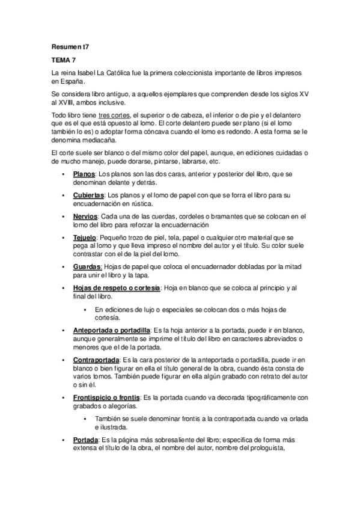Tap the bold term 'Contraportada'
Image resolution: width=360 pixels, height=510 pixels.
[96, 359]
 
